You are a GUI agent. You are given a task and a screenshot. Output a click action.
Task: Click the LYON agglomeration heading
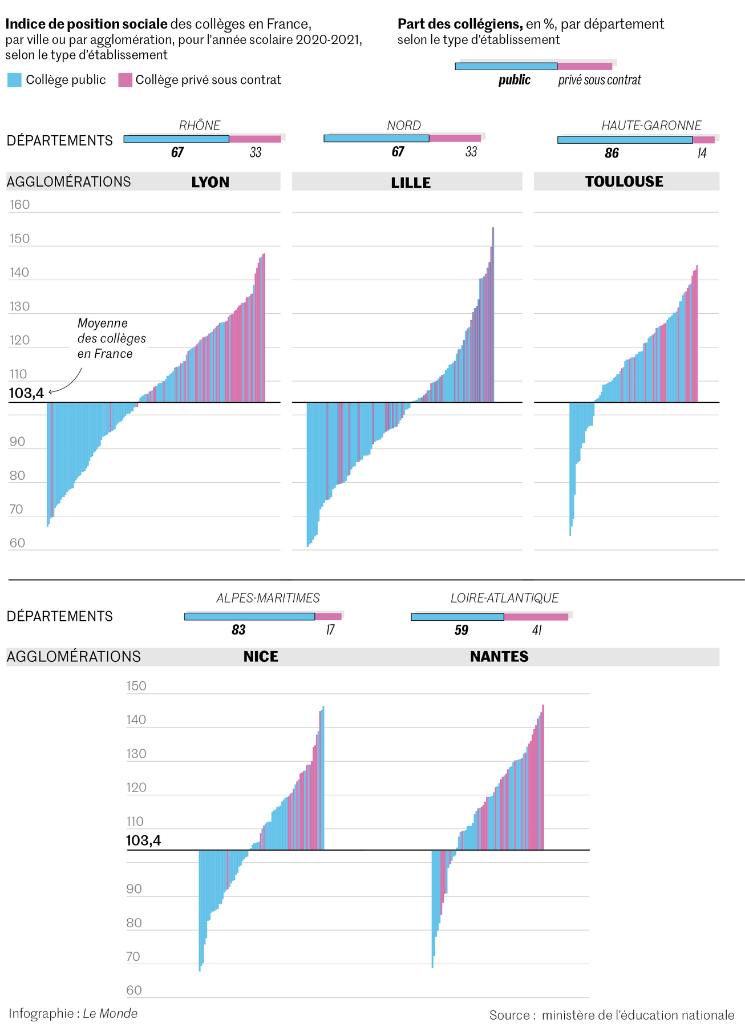(210, 182)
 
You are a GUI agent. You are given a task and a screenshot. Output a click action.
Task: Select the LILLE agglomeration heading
(411, 183)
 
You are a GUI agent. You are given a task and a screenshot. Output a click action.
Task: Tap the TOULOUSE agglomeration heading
(624, 181)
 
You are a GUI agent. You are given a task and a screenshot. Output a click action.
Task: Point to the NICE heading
(261, 656)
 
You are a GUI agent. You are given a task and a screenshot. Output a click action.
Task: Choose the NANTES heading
(499, 656)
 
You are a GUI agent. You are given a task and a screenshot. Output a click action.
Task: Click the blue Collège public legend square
(14, 80)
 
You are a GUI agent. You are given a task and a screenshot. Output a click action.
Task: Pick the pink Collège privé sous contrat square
(125, 80)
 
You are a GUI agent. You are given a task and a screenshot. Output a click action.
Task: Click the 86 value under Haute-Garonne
(612, 153)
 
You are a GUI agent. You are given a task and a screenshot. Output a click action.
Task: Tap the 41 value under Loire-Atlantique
(536, 630)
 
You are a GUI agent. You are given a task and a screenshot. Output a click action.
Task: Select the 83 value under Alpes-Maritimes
(238, 629)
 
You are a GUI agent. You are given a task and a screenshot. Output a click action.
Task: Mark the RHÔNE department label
(200, 126)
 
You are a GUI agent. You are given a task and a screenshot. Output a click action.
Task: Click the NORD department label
(404, 126)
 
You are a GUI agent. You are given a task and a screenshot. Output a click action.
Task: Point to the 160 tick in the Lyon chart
(19, 204)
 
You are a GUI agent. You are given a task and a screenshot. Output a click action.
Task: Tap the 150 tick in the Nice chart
(136, 686)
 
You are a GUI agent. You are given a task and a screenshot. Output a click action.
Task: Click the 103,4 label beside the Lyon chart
(26, 393)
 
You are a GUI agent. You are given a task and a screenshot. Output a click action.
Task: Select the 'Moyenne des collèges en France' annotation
(111, 338)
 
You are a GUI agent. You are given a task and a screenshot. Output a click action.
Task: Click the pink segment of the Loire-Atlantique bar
(536, 617)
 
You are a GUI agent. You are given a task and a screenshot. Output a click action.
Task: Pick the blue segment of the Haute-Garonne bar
(625, 140)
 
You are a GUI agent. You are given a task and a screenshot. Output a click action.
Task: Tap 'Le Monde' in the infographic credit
(110, 1013)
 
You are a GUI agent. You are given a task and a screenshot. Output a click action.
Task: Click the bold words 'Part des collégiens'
(460, 24)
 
